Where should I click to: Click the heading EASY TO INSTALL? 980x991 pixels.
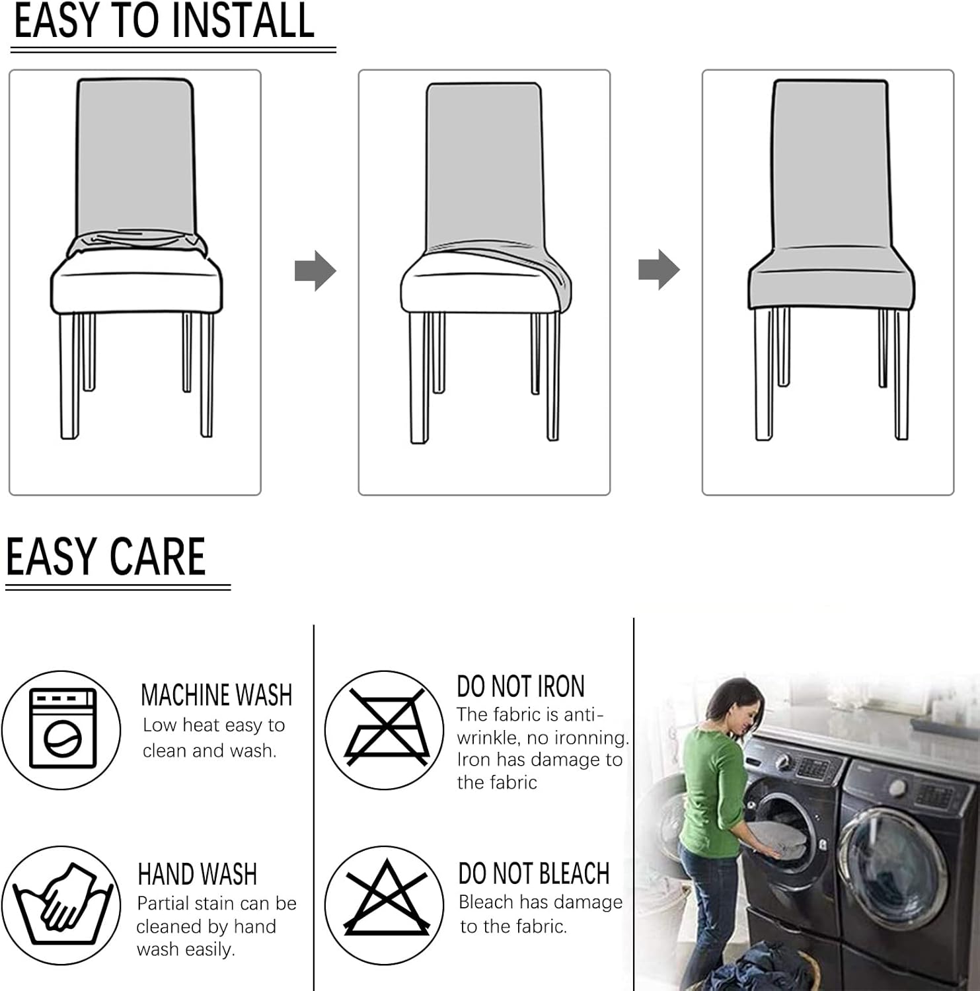point(164,21)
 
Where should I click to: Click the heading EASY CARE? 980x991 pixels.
point(106,557)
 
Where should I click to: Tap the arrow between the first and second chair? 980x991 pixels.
point(315,271)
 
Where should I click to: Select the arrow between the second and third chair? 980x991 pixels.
point(659,270)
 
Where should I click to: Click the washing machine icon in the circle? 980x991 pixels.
point(62,729)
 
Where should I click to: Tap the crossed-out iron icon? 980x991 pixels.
point(385,729)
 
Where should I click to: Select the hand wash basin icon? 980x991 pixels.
point(61,904)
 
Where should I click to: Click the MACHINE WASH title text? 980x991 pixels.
point(216,695)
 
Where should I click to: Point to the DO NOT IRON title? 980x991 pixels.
point(520,687)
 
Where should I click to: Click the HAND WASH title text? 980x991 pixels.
point(197,874)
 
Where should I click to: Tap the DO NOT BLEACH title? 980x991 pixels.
point(533,873)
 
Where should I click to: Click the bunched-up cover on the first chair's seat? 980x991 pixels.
point(135,243)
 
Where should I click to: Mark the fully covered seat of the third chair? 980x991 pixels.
point(831,277)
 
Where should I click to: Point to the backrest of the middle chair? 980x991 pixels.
point(484,165)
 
